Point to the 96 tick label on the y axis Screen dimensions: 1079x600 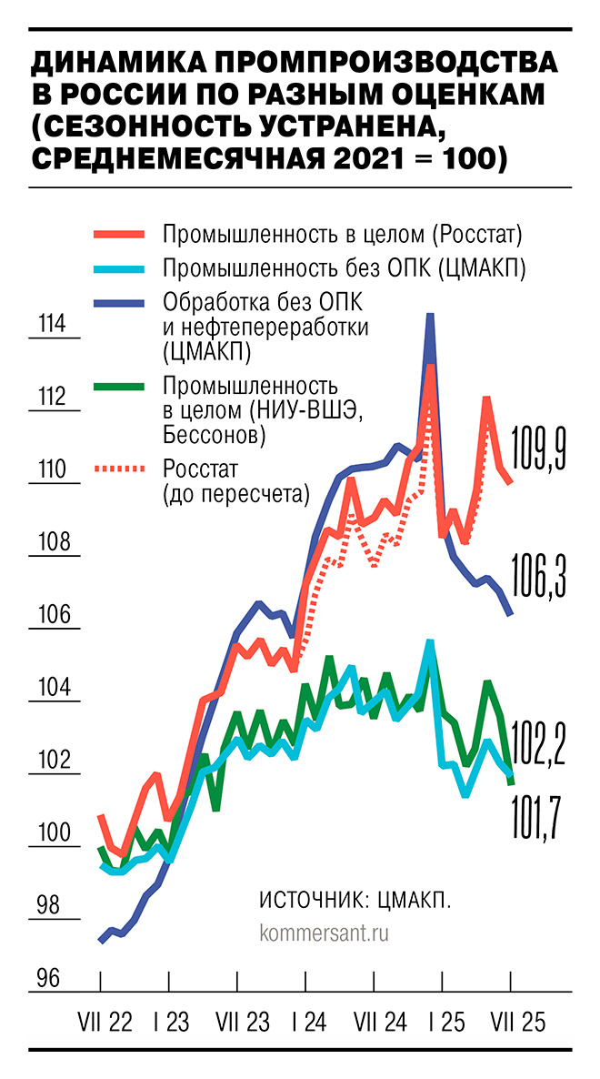point(48,978)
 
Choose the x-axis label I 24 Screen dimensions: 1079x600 point(305,1023)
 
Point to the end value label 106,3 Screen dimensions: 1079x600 point(539,576)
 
